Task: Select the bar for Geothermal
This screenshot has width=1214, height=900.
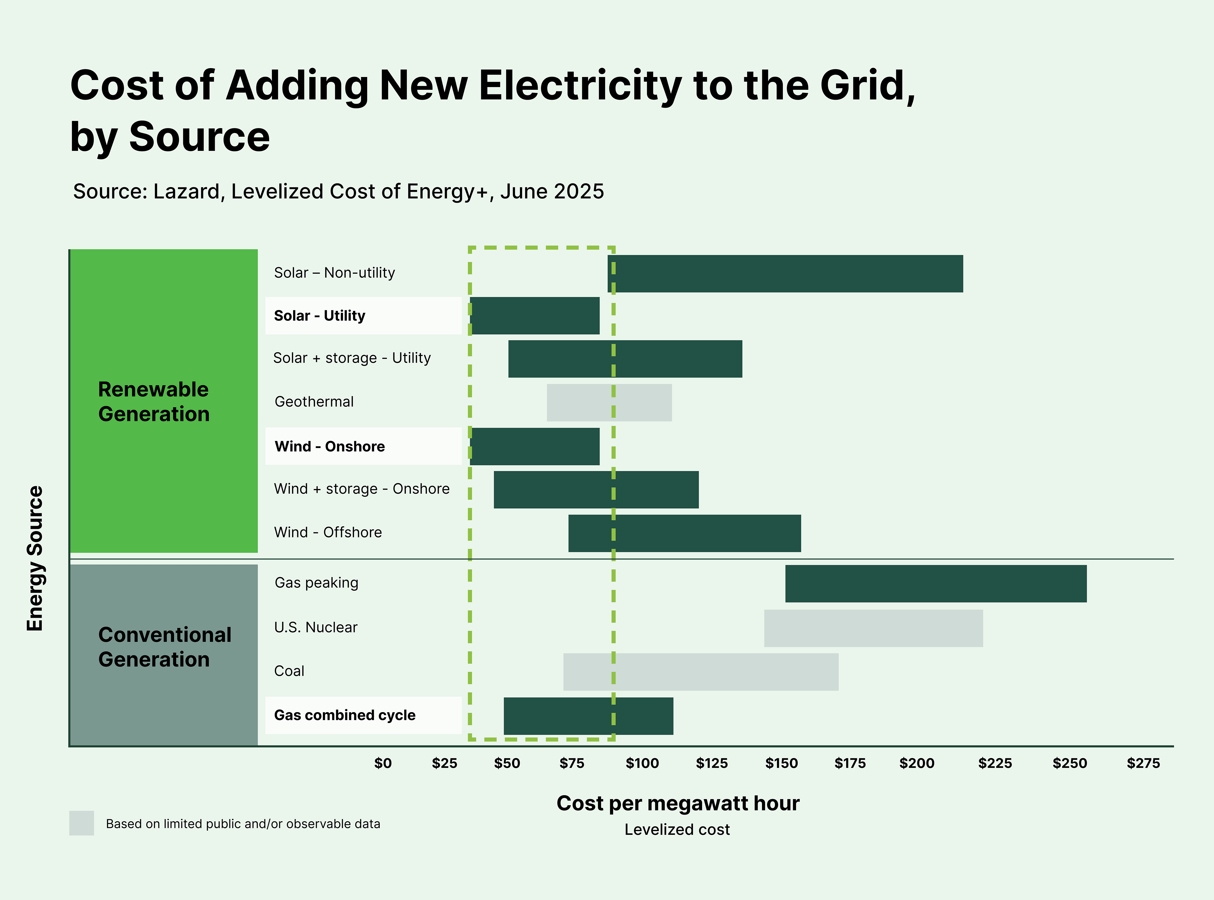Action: pos(609,403)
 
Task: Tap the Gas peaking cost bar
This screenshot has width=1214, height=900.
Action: pos(935,584)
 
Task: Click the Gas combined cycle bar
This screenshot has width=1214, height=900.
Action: pos(588,716)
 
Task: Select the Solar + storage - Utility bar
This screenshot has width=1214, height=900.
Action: pos(625,359)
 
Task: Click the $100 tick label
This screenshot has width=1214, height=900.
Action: pos(642,763)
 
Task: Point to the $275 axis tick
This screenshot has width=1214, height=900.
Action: pos(1143,763)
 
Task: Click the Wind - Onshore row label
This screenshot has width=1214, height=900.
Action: pos(330,447)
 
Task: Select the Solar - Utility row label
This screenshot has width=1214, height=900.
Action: pos(319,316)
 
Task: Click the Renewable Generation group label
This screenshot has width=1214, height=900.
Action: pos(154,402)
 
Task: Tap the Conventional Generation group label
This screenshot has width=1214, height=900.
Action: pos(164,647)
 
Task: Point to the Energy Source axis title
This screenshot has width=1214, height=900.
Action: pos(35,558)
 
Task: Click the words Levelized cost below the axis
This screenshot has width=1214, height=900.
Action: pos(677,830)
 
